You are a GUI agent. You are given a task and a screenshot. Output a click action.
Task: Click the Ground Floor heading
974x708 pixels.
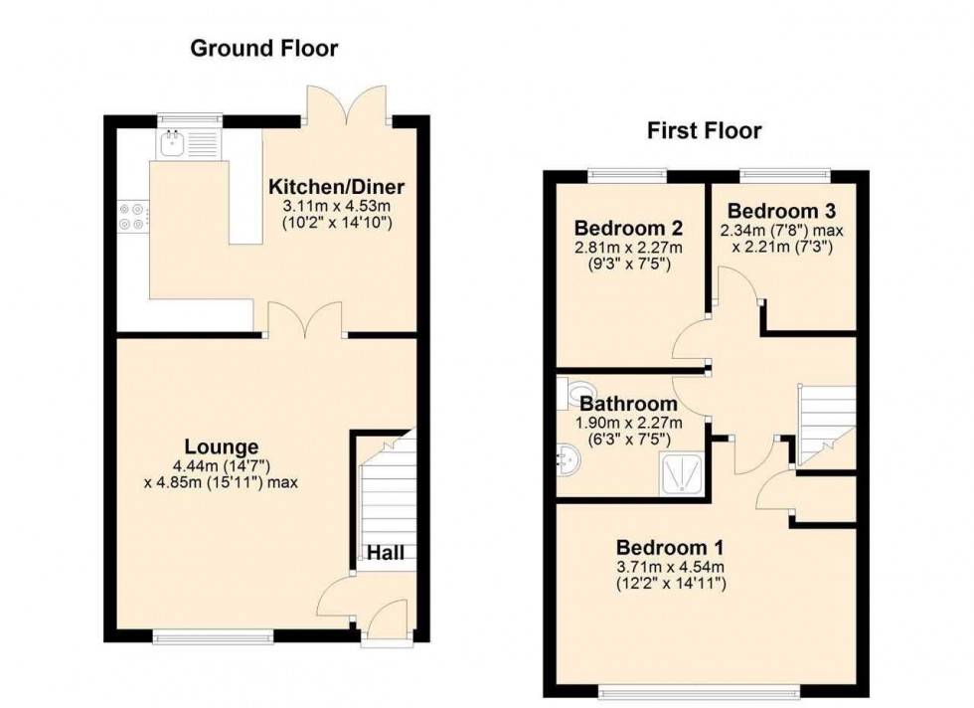pyautogui.click(x=264, y=48)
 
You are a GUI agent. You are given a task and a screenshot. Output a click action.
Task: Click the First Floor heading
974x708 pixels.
pyautogui.click(x=705, y=130)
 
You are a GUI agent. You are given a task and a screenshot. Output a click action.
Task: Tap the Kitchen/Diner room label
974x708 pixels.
pyautogui.click(x=336, y=186)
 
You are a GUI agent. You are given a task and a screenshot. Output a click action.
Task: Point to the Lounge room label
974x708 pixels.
pyautogui.click(x=220, y=446)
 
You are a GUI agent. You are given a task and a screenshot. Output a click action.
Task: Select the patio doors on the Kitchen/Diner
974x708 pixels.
pyautogui.click(x=345, y=105)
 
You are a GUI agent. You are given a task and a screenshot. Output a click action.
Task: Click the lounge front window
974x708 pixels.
pyautogui.click(x=213, y=632)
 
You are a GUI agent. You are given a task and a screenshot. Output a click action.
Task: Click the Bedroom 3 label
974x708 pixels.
pyautogui.click(x=781, y=211)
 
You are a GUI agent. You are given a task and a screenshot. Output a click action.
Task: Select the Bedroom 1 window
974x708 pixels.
pyautogui.click(x=701, y=688)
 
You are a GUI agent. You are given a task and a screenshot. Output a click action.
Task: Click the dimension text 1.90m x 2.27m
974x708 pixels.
pyautogui.click(x=629, y=423)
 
